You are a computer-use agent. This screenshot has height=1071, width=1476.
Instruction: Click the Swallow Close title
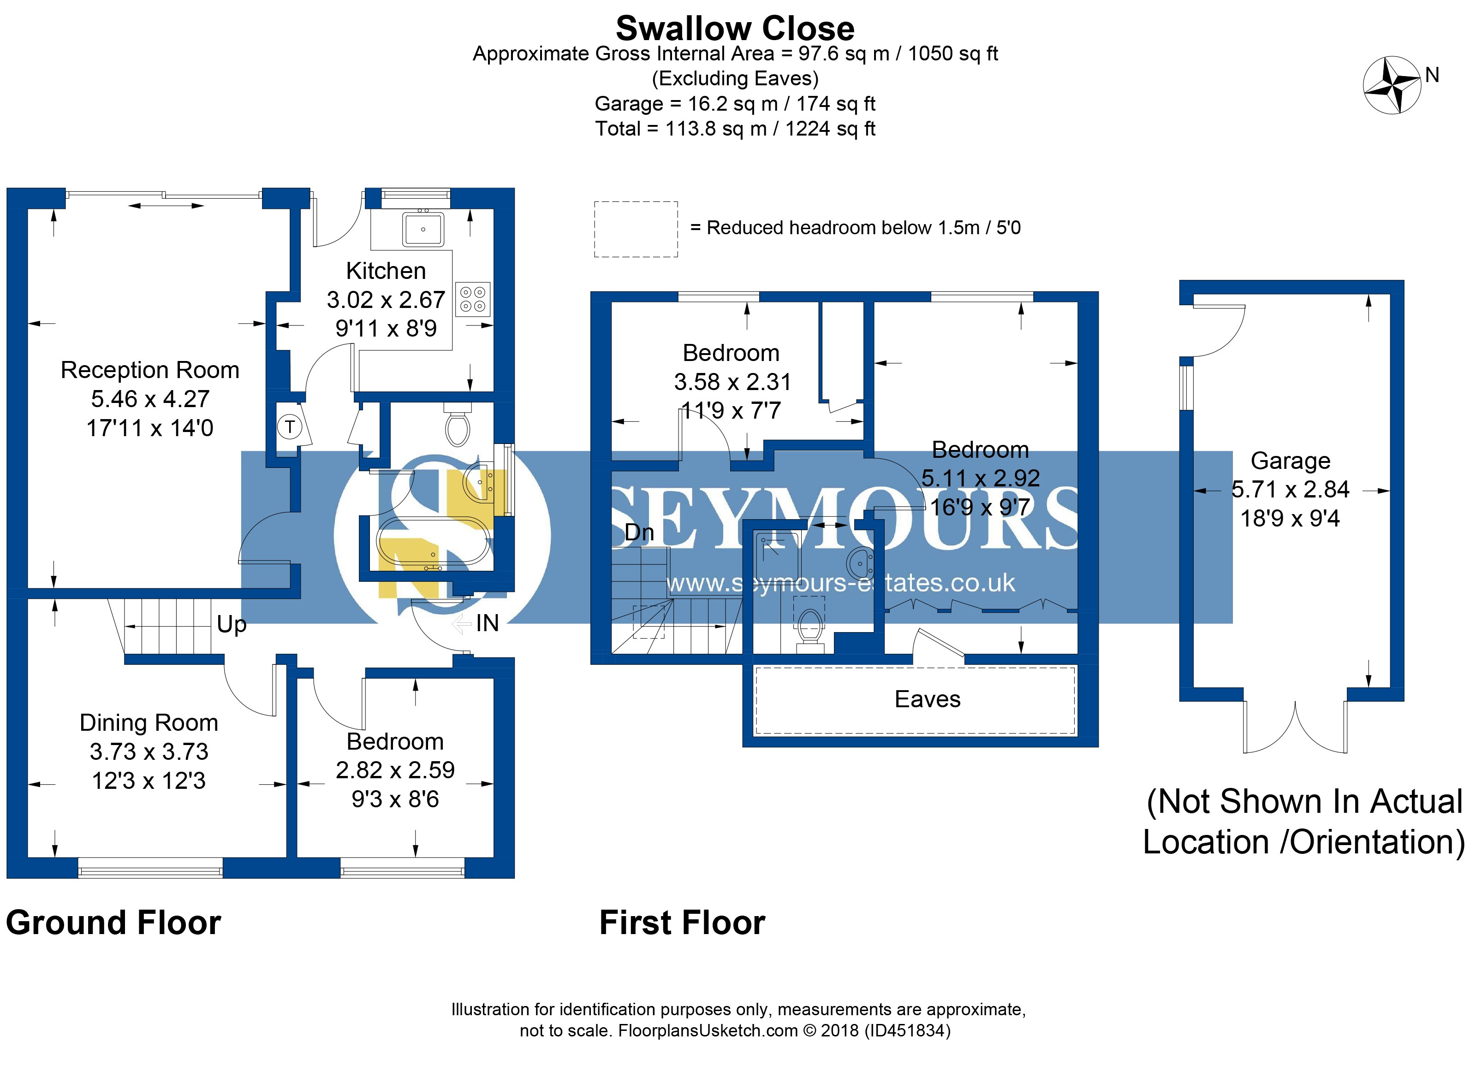735,29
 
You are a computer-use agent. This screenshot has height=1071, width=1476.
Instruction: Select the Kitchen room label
386,271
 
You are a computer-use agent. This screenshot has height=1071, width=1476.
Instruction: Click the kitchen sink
423,229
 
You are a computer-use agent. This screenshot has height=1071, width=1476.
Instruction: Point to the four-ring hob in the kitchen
472,299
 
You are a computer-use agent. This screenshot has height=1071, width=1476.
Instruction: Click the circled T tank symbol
290,427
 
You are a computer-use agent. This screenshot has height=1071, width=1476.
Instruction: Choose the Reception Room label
150,370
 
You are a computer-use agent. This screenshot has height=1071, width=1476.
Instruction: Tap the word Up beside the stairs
232,625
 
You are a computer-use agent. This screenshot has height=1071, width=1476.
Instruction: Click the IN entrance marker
487,623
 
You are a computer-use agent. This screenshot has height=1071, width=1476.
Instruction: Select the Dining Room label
149,722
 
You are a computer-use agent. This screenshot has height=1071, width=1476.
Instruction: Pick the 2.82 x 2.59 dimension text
395,770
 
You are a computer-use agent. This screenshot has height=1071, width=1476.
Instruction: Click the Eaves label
928,699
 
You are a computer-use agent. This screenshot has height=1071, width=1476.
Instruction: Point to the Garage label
1291,461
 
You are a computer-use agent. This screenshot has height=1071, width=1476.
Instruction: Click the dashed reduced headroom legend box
636,229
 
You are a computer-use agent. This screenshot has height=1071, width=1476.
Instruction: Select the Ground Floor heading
114,923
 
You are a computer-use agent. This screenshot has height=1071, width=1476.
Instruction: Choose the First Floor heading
682,923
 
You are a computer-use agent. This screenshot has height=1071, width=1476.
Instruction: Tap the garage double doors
1295,728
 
